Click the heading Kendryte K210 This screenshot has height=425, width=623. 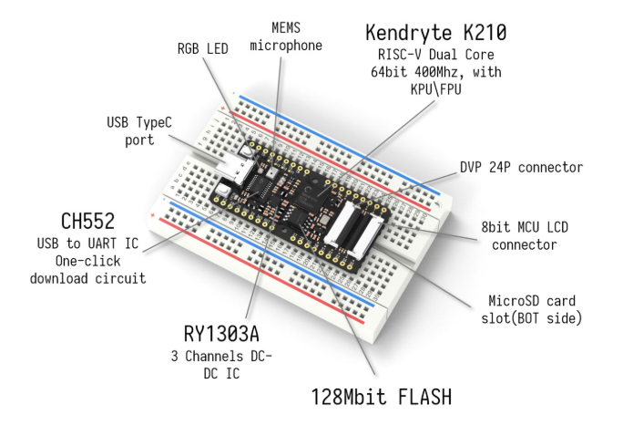tap(436, 32)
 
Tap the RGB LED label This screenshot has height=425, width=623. tap(202, 48)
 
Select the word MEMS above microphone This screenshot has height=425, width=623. tap(286, 28)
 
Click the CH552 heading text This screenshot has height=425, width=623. tap(87, 221)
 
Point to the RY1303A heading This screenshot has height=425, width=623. tap(221, 334)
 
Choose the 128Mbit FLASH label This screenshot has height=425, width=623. tap(382, 397)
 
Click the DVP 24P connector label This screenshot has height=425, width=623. tap(521, 167)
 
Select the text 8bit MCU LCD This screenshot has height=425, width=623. tap(525, 227)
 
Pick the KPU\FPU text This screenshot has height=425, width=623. tap(436, 89)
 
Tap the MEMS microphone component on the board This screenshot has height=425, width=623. tap(272, 172)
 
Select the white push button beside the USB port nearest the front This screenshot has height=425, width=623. tap(224, 190)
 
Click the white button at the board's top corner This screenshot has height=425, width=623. tap(246, 150)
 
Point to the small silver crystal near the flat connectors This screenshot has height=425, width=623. tap(324, 220)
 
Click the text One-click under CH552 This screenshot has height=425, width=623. tap(87, 261)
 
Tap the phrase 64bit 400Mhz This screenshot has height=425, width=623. tap(414, 72)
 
